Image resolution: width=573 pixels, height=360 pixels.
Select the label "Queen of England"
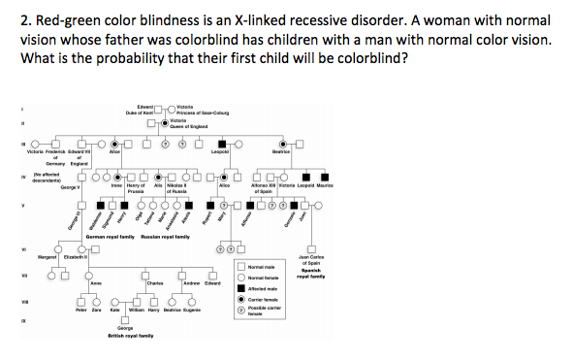pyautogui.click(x=189, y=126)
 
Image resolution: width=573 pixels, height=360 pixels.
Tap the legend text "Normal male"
pyautogui.click(x=265, y=267)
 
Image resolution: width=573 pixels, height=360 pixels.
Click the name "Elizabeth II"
pyautogui.click(x=78, y=257)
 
